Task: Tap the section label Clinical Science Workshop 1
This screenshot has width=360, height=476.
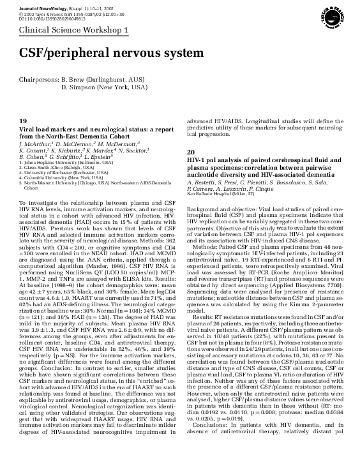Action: coord(73,30)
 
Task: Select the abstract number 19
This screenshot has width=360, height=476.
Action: coord(22,121)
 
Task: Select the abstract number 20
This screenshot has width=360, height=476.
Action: coord(190,152)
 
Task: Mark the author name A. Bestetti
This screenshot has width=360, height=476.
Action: coord(203,182)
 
